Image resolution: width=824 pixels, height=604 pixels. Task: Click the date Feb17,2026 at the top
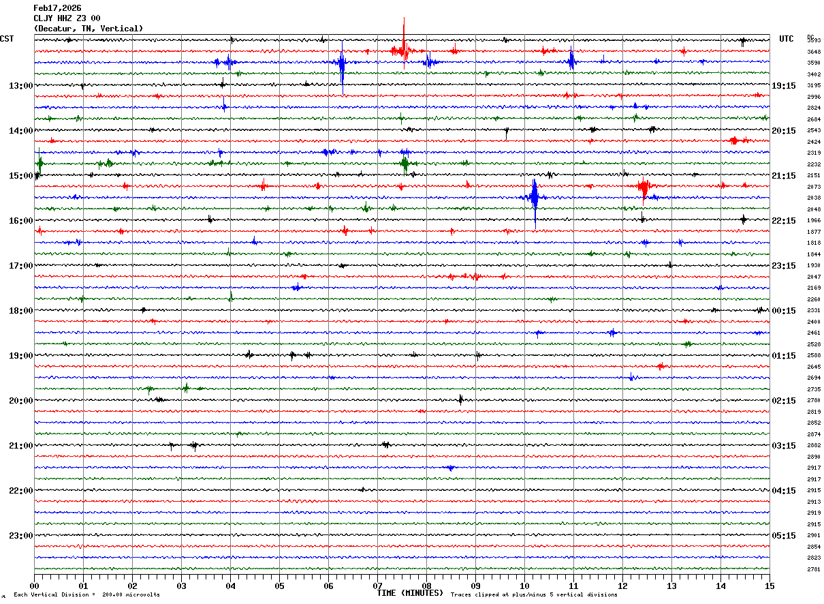[57, 8]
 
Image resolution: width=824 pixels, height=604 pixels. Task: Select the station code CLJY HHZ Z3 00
[67, 18]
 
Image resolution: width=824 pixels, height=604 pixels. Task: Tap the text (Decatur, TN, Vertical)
[89, 29]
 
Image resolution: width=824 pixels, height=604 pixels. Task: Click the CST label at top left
[7, 39]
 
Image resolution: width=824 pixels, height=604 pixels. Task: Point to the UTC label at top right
[787, 39]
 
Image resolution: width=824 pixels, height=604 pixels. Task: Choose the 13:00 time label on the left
[20, 86]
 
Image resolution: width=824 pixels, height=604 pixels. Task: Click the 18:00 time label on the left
[20, 311]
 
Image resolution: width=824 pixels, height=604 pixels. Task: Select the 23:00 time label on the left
[20, 536]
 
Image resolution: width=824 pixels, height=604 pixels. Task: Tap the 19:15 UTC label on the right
[783, 86]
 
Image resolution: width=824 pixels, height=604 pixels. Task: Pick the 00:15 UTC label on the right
[783, 311]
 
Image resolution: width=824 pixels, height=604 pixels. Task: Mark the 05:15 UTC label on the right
[783, 536]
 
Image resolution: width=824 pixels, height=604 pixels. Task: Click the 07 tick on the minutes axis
[377, 586]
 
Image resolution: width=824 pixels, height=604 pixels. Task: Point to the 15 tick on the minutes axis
[770, 586]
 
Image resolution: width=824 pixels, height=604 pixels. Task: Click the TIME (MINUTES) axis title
[410, 593]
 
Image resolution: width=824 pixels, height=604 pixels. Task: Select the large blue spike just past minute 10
[535, 198]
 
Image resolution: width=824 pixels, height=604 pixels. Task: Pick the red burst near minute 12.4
[644, 187]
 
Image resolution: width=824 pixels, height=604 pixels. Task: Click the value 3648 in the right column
[814, 52]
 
